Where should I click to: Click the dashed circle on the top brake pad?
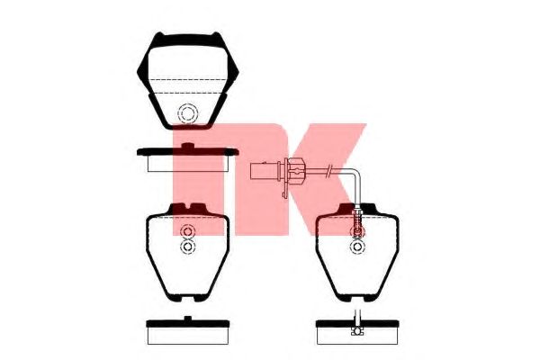tap(188, 104)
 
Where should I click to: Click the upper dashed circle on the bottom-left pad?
tap(188, 226)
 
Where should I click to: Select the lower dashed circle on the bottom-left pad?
tap(188, 239)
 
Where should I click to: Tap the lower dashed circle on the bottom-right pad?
tap(358, 239)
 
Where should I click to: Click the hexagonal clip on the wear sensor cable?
tap(294, 170)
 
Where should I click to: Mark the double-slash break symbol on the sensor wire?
tap(330, 170)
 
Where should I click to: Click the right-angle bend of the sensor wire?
tap(356, 174)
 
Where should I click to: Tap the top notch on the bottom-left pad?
tap(187, 207)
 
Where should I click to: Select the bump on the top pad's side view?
tap(187, 146)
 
